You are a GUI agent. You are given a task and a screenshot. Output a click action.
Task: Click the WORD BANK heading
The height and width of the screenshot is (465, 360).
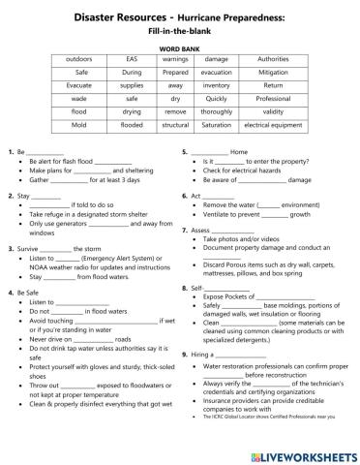click(179, 47)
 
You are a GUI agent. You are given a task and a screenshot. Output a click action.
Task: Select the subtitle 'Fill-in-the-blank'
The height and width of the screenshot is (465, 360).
click(179, 30)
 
